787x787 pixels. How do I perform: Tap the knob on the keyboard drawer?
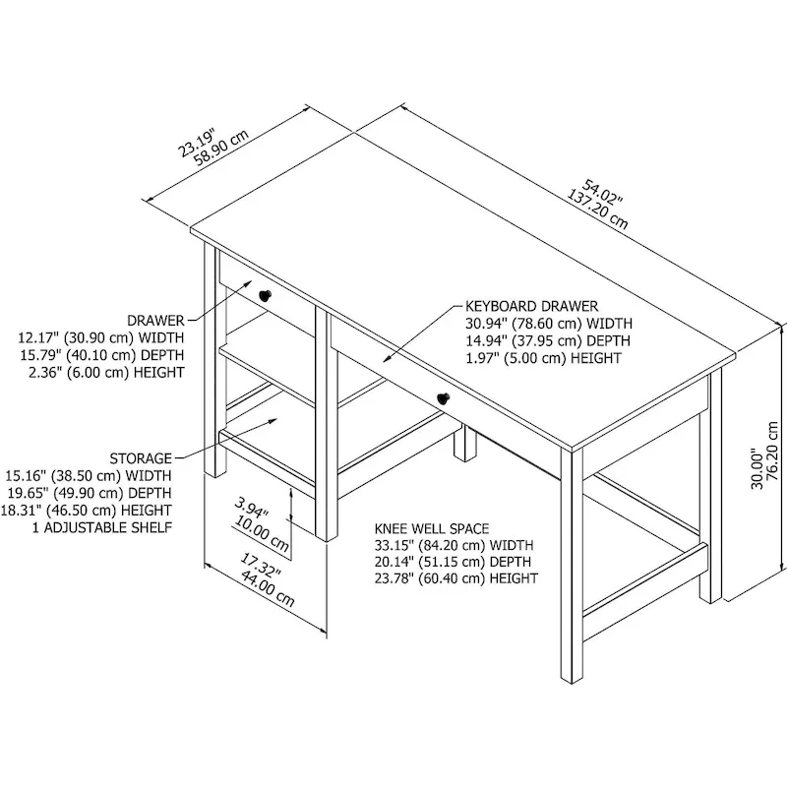(x=443, y=396)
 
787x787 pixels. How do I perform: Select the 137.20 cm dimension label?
(x=597, y=203)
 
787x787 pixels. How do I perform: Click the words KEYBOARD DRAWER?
(x=531, y=307)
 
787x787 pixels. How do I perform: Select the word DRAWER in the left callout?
(x=155, y=322)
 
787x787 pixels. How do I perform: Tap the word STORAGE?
(x=141, y=458)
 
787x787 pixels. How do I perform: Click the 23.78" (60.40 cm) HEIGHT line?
(x=455, y=578)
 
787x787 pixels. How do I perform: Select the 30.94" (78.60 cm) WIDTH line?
(x=549, y=324)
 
